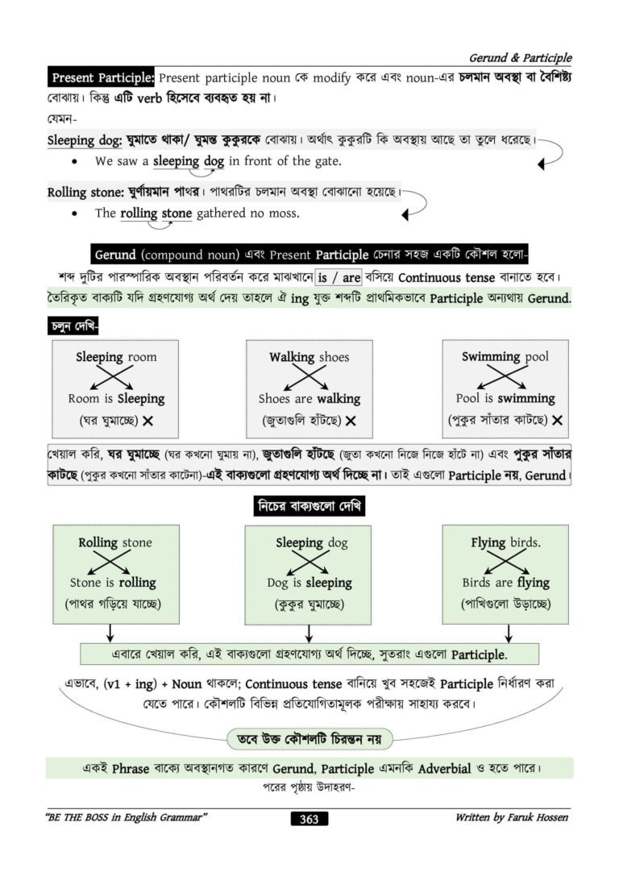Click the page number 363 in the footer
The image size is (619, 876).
(x=309, y=819)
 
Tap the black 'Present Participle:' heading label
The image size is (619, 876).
(x=102, y=78)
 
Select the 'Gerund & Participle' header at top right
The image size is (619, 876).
(x=520, y=58)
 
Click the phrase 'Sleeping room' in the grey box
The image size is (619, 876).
(x=116, y=357)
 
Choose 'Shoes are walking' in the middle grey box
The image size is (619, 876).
(x=309, y=399)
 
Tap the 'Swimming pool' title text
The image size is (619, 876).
(x=505, y=356)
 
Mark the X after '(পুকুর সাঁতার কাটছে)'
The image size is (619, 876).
(x=557, y=420)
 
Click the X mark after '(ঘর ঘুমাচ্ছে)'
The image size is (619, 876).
(x=148, y=421)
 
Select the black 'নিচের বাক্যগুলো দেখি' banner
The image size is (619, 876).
(x=309, y=506)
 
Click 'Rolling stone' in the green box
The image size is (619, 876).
(x=114, y=542)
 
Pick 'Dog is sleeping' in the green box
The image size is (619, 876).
(x=309, y=583)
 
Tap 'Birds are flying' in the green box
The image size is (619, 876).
(x=505, y=583)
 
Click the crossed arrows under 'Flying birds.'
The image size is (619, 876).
(x=505, y=562)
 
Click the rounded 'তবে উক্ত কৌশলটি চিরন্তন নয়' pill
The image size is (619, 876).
(x=309, y=738)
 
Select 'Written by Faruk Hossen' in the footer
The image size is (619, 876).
(x=511, y=817)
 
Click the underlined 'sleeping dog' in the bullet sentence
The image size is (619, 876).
(x=189, y=161)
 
